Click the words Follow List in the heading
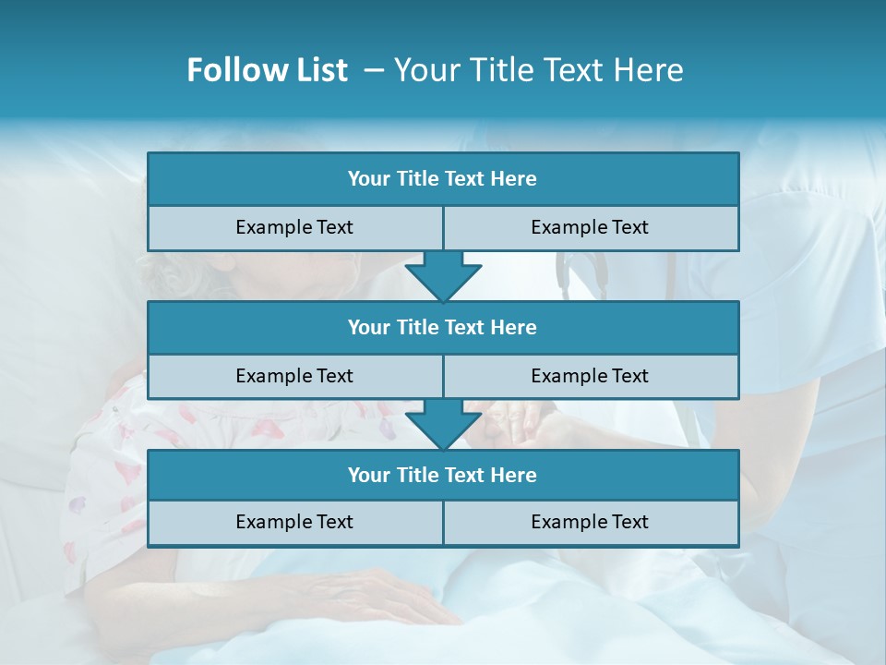(x=267, y=70)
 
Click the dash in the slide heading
(x=374, y=70)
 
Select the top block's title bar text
(x=442, y=179)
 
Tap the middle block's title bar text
(x=442, y=328)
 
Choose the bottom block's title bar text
(x=442, y=476)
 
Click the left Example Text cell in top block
(x=294, y=227)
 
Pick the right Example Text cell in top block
(x=590, y=227)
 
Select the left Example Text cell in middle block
(x=294, y=376)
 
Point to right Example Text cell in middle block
(x=590, y=376)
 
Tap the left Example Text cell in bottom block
(x=294, y=522)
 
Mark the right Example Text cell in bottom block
(x=590, y=522)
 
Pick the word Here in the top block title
(x=514, y=179)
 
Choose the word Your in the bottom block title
(x=369, y=476)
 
